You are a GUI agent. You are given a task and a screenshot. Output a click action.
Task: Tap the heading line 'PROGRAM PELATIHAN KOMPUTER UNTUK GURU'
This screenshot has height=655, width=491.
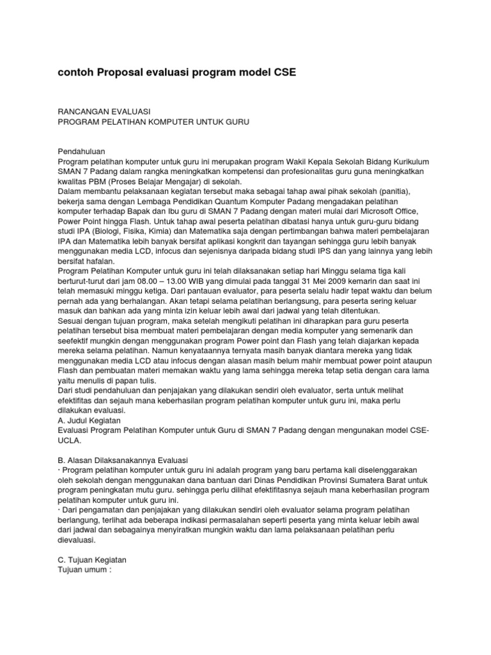click(153, 121)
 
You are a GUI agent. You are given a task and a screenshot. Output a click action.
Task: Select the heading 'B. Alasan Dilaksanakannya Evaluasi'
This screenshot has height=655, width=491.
click(123, 461)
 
